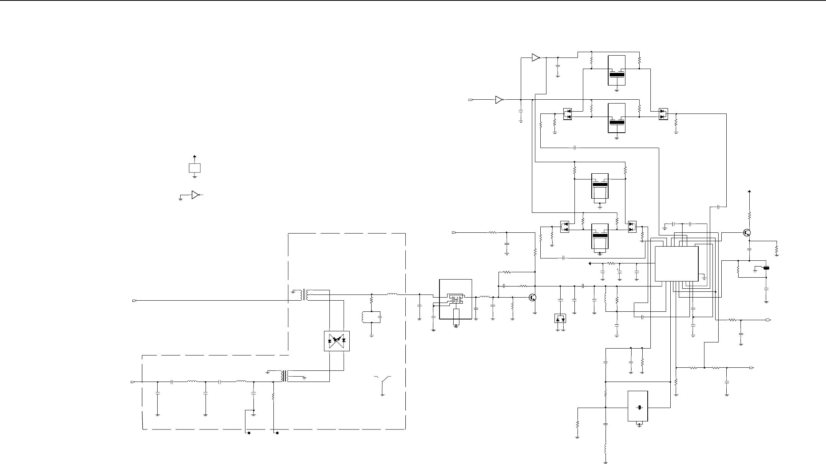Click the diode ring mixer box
337,341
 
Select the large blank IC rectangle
676,263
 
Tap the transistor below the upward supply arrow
747,232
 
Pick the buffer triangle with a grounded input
195,195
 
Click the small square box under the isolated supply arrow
195,168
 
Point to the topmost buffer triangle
535,58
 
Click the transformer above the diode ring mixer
305,295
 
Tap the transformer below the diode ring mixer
284,376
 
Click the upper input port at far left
134,300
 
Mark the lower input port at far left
133,382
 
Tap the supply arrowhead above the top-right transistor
750,191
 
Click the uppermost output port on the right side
768,320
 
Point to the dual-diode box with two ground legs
560,318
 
